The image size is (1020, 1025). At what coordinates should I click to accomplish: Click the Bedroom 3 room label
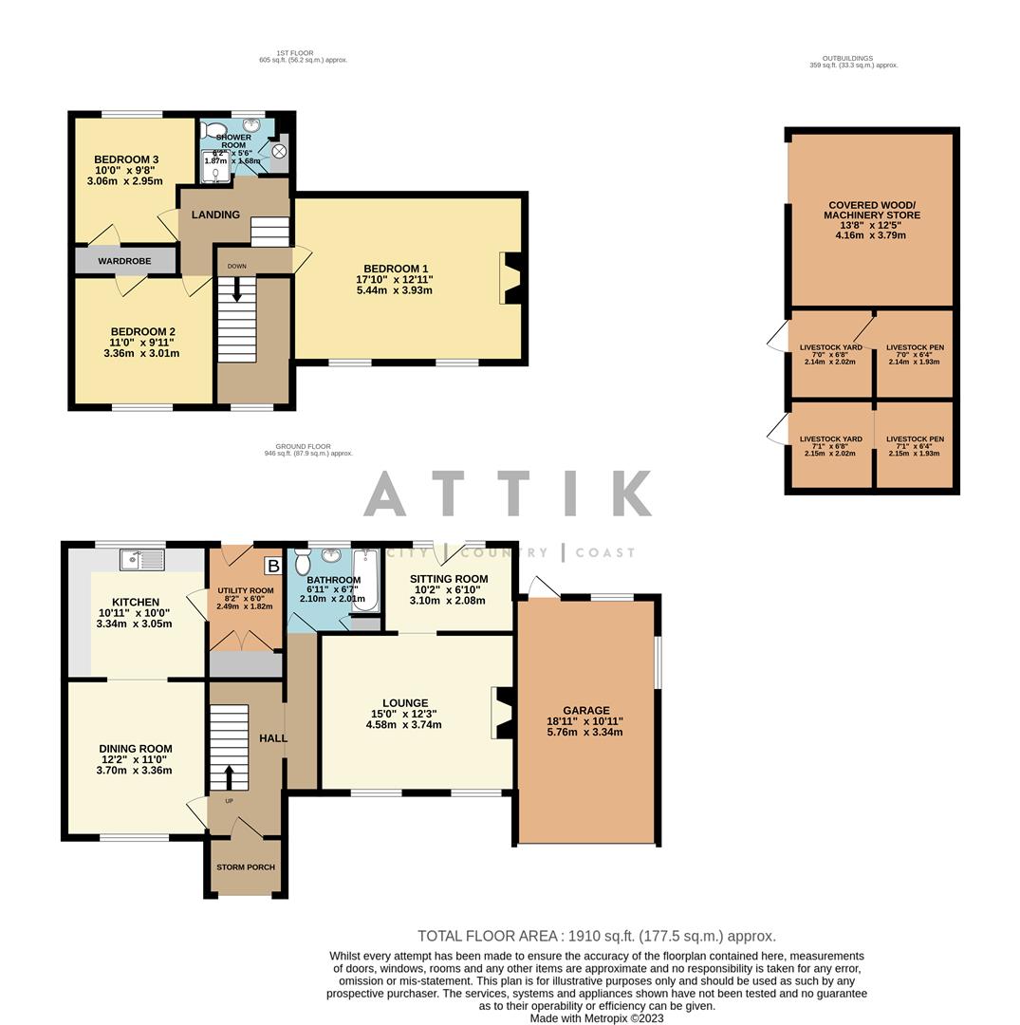(x=125, y=159)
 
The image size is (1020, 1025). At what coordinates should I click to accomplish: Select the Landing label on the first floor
(x=215, y=214)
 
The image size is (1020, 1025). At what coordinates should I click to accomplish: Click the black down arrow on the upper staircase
(x=236, y=294)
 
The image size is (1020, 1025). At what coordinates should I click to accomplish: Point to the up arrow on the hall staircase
(x=228, y=775)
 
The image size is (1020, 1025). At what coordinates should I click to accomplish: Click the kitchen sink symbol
(x=141, y=560)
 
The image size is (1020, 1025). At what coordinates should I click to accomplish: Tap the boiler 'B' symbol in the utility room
(x=272, y=567)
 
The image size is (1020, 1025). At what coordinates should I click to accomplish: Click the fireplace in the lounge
(x=500, y=712)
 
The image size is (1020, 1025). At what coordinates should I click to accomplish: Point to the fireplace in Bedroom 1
(x=510, y=278)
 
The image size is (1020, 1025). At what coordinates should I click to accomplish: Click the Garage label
(x=585, y=710)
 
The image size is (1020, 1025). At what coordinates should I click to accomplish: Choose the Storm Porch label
(x=245, y=867)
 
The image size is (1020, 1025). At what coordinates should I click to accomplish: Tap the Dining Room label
(x=135, y=749)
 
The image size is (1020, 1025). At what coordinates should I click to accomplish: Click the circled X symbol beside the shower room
(x=279, y=151)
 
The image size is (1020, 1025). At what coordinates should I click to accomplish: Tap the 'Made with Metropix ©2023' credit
(x=596, y=1018)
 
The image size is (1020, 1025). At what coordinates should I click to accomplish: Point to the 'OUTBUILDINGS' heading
(x=846, y=59)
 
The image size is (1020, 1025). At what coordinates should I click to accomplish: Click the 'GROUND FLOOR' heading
(x=303, y=446)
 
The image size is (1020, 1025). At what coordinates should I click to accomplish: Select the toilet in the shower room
(x=214, y=130)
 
